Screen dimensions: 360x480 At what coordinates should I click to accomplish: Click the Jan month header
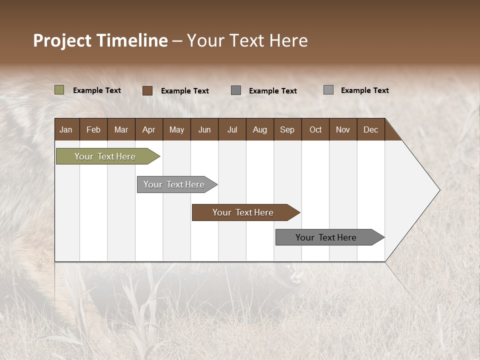click(66, 129)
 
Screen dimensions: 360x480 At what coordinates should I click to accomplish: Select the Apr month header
click(148, 129)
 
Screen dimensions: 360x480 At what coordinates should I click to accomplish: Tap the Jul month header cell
click(232, 129)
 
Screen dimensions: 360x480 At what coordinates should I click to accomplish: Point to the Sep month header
click(287, 129)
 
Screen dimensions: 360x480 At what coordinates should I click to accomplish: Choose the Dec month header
click(370, 129)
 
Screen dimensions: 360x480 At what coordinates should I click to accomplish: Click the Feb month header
click(93, 129)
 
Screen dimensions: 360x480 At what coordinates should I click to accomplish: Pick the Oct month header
click(315, 129)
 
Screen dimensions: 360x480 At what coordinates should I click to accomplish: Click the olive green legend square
click(59, 90)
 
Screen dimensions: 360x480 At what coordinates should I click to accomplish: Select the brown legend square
click(147, 90)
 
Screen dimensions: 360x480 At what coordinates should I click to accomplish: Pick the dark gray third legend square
click(236, 90)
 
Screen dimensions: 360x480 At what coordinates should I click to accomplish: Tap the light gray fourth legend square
click(328, 90)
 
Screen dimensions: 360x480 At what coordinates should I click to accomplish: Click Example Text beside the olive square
click(96, 90)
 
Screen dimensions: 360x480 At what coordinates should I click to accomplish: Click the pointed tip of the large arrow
click(438, 190)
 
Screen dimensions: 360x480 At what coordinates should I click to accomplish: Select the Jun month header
click(204, 129)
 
